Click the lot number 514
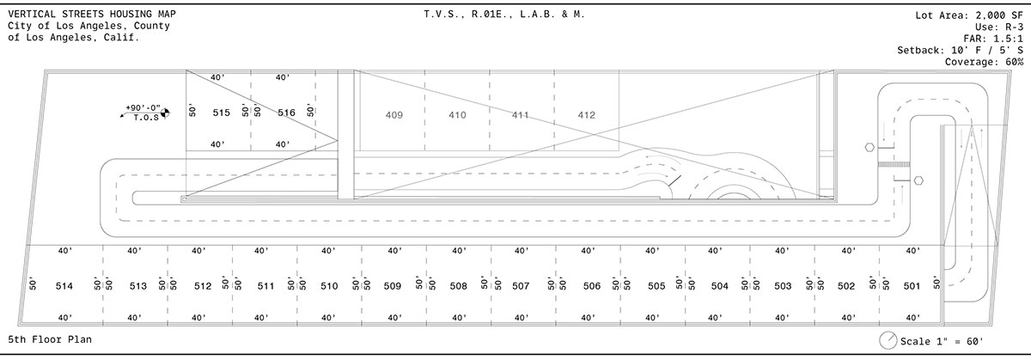tap(64, 286)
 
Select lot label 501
tap(912, 286)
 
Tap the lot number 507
tap(521, 286)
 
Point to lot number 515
tap(221, 113)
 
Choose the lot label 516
tap(286, 113)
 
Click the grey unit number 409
tap(394, 115)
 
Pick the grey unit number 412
tap(586, 115)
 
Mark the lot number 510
tap(329, 286)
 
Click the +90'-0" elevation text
tap(143, 108)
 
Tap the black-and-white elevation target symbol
tap(165, 113)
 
